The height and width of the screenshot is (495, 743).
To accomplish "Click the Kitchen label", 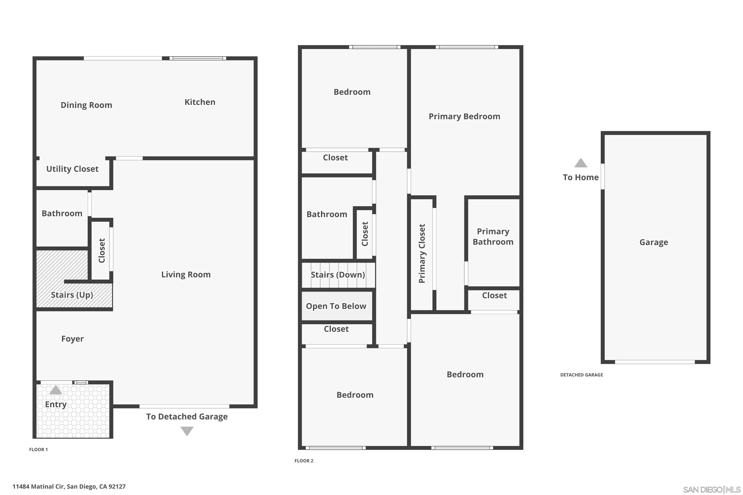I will click(200, 102).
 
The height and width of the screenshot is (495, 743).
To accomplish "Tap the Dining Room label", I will click(86, 105).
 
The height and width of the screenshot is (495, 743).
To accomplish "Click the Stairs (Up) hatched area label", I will click(72, 295).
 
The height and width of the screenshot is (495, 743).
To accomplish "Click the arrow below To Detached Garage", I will click(187, 431).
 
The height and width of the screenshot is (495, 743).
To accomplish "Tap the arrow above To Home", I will click(581, 163).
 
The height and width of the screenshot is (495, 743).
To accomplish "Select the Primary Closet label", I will click(422, 253).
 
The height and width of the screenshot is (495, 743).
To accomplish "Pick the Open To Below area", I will click(336, 306).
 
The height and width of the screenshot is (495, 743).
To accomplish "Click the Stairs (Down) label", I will click(338, 275).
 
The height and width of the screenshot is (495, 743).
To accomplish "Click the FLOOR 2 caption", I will click(304, 461).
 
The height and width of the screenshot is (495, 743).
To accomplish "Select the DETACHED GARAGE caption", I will click(581, 375).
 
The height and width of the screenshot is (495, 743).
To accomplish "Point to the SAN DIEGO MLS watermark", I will click(712, 490).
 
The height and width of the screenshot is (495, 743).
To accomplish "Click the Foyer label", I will click(72, 339).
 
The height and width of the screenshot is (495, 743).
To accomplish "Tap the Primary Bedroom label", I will click(464, 117).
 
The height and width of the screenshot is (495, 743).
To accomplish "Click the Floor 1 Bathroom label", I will click(62, 213).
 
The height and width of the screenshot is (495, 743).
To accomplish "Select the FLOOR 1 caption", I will click(38, 449).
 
